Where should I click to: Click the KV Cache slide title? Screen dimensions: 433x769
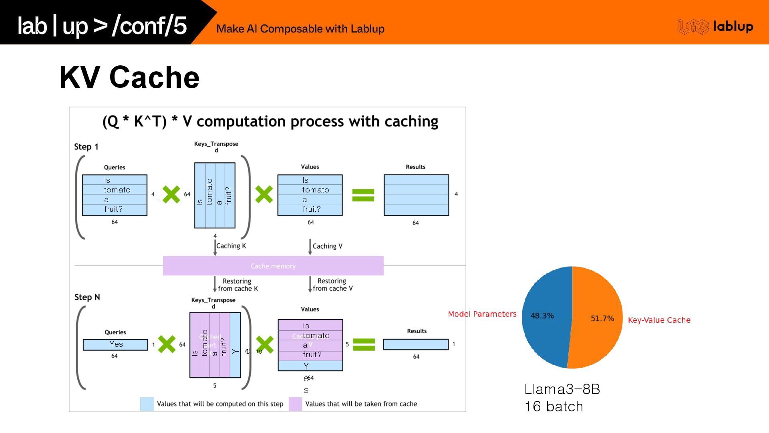(129, 77)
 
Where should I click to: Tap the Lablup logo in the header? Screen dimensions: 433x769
(715, 26)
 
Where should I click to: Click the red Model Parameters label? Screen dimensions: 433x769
(482, 314)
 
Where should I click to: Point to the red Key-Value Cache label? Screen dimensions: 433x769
(659, 320)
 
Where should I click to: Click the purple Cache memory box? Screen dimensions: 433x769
(273, 266)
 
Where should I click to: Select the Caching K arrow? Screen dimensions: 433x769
(215, 247)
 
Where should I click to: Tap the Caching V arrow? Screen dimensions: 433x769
(310, 247)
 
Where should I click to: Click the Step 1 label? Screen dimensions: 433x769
(86, 147)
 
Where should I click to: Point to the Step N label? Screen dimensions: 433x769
(87, 297)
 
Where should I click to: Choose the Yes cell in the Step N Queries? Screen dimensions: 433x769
(115, 344)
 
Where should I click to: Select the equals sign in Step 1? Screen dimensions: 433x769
(363, 195)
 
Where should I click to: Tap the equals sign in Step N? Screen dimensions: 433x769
(364, 344)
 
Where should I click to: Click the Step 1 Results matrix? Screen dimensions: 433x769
(416, 195)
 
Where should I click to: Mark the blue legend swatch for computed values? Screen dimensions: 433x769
(147, 404)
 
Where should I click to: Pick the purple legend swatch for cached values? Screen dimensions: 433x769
(295, 404)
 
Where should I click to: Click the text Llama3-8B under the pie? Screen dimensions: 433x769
(562, 389)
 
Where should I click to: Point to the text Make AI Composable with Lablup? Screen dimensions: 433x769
(300, 29)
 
